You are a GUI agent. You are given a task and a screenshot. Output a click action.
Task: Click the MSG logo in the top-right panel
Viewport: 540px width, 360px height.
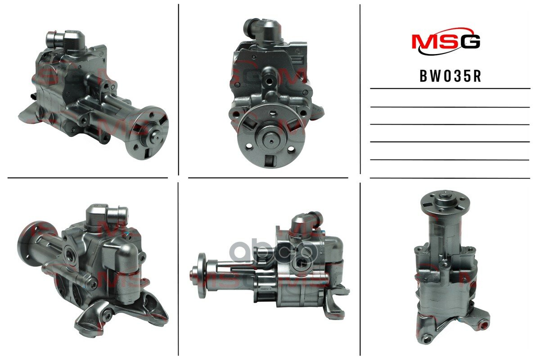(x=446, y=43)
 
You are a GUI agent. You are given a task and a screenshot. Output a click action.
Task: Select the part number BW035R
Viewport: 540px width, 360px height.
(x=450, y=76)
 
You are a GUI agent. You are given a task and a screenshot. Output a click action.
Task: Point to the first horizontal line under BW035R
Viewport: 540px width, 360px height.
(x=450, y=89)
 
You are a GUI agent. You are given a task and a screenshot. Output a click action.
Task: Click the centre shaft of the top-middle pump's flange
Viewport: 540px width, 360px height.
(x=271, y=139)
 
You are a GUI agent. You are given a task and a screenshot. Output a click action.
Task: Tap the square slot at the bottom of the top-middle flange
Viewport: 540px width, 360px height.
(x=270, y=160)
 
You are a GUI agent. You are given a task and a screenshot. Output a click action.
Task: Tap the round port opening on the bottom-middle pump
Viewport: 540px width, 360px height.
(x=298, y=261)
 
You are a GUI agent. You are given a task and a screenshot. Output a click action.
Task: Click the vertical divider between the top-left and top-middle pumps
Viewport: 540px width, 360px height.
(x=179, y=90)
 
